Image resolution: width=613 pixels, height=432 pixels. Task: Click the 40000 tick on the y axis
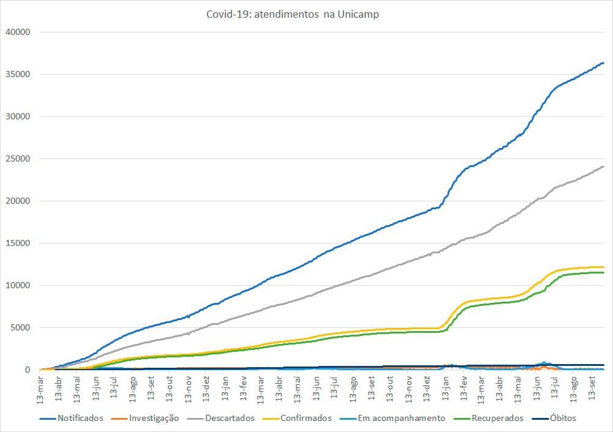[18, 32]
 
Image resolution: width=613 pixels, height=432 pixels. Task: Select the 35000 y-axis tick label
[18, 74]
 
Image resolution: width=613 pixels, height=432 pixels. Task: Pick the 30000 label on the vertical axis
[18, 116]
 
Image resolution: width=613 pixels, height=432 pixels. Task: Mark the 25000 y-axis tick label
[18, 158]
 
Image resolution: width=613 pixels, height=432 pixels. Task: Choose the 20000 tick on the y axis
[18, 201]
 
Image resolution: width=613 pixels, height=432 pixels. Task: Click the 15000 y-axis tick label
[18, 243]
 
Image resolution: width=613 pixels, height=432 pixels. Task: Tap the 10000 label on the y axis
[18, 285]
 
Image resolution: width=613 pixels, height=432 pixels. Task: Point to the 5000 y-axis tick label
[20, 327]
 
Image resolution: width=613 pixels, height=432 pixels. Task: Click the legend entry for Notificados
[80, 419]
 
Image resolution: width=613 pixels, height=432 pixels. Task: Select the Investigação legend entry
[153, 419]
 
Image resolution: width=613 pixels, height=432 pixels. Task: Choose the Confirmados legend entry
[306, 419]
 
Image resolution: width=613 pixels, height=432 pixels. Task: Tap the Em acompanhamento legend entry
[401, 419]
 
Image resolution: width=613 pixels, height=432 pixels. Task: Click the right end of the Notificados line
[604, 63]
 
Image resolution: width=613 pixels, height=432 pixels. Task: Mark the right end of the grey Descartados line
[604, 166]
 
